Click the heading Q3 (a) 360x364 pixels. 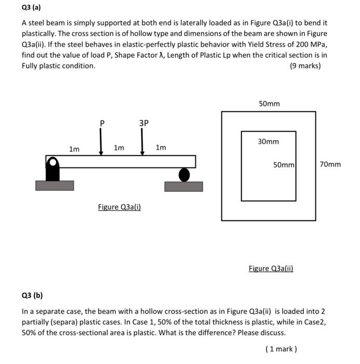click(31, 8)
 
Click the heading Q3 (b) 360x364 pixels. click(32, 296)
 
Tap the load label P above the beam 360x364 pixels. click(102, 123)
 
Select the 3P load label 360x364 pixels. click(143, 123)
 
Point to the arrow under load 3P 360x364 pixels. click(142, 141)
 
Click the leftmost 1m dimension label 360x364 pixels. click(74, 149)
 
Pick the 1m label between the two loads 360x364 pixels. click(119, 148)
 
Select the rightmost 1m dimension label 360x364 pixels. click(161, 148)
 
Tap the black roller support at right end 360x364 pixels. click(184, 174)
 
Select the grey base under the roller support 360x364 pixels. click(183, 186)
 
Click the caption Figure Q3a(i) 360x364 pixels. click(119, 207)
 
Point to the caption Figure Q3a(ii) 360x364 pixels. click(271, 268)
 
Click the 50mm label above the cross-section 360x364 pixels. click(269, 103)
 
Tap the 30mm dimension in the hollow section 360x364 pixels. click(268, 141)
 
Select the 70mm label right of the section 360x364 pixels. click(330, 164)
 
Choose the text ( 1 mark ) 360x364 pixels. click(281, 349)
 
